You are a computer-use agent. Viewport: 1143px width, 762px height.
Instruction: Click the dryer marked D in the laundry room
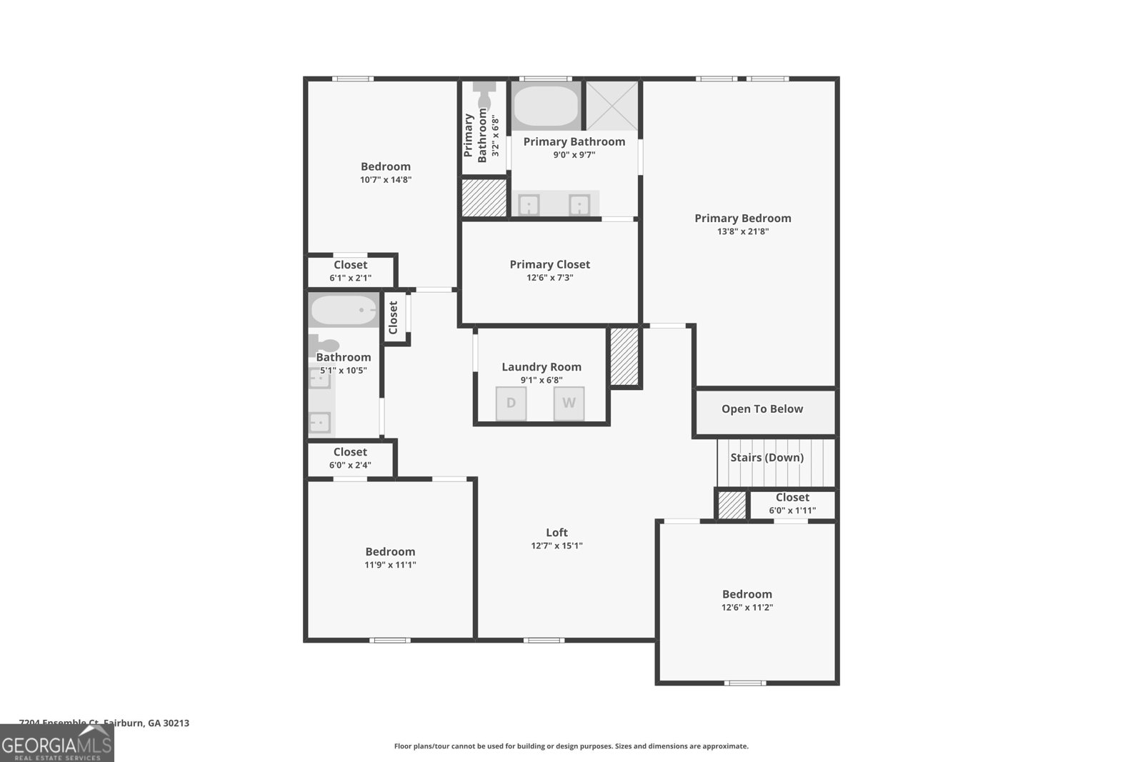click(511, 403)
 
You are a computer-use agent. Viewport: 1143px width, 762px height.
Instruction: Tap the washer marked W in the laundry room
click(569, 403)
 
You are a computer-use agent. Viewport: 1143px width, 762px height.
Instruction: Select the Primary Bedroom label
click(742, 219)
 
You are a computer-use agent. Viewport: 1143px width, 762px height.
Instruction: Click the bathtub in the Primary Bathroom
click(546, 106)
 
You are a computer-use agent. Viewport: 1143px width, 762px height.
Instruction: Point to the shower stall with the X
click(612, 106)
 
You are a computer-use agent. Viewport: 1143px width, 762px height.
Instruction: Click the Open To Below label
click(762, 409)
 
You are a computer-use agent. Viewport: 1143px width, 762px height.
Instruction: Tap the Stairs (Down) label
click(767, 458)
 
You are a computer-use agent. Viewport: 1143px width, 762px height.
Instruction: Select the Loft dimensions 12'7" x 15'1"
click(556, 546)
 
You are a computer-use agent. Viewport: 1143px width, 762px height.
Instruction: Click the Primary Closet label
click(549, 264)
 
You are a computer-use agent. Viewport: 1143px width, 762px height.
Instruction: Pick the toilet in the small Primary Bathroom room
click(484, 94)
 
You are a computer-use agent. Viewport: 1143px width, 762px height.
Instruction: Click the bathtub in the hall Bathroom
click(344, 311)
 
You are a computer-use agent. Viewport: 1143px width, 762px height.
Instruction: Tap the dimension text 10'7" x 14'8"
click(385, 180)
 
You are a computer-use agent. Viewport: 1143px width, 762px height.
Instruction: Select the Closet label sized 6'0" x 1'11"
click(792, 498)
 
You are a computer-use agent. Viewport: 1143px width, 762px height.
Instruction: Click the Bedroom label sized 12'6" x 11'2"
click(747, 594)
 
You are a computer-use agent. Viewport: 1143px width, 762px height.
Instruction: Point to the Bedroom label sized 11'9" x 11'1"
click(390, 552)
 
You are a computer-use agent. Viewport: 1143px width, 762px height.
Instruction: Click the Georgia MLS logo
click(56, 743)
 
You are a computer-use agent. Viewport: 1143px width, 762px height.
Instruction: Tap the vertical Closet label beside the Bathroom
click(393, 317)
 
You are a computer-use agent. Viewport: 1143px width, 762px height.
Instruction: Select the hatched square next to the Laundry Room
click(624, 357)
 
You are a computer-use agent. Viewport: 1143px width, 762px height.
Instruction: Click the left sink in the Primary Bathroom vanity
click(529, 206)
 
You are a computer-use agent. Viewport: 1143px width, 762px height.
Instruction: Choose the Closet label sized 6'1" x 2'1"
click(350, 265)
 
